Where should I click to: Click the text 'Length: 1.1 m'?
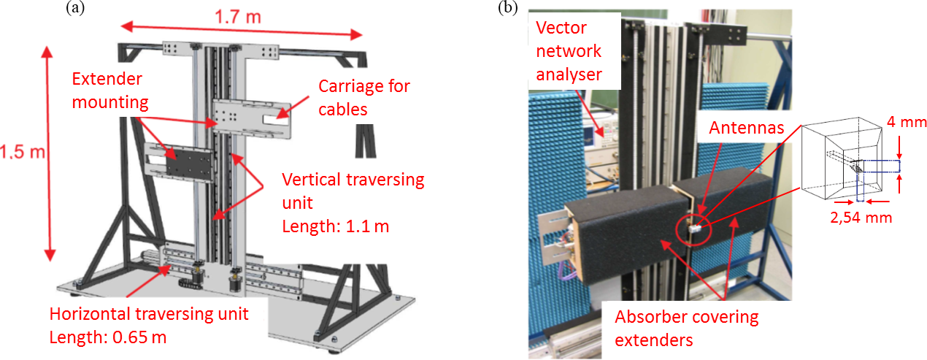point(336,226)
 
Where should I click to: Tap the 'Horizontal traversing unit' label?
point(149,315)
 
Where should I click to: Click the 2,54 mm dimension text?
point(862,217)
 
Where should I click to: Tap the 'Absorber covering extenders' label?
point(686,328)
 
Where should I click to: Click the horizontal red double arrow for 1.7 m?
point(242,31)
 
